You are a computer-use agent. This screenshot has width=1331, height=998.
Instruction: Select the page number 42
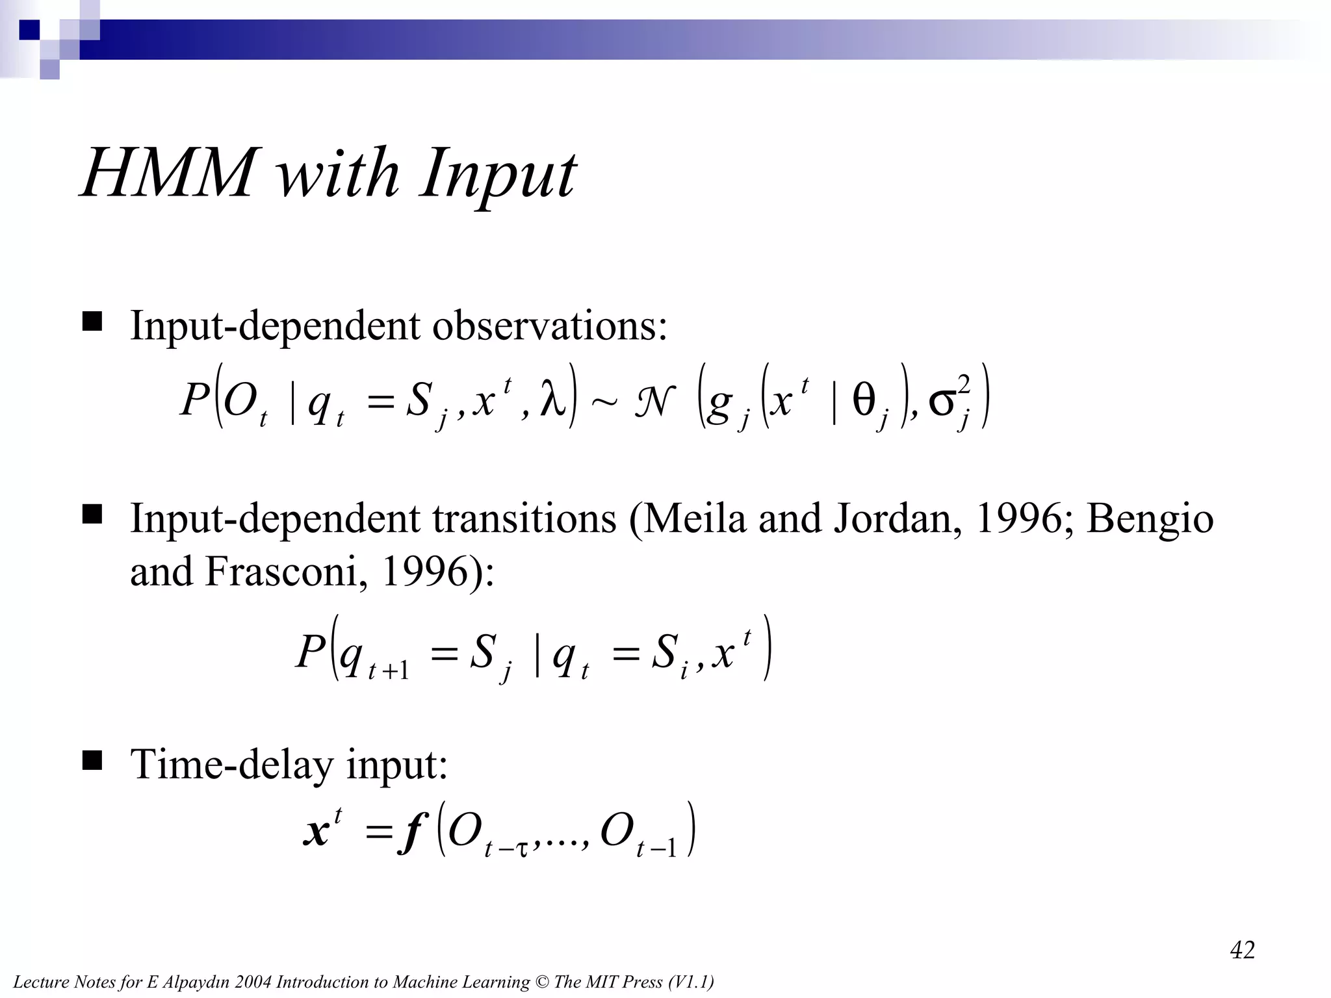click(x=1242, y=950)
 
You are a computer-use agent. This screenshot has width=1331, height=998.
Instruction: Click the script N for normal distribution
click(x=654, y=401)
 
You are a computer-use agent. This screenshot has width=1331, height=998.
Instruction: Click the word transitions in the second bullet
click(x=524, y=519)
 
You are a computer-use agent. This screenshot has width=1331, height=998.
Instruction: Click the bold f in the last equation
click(x=411, y=834)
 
